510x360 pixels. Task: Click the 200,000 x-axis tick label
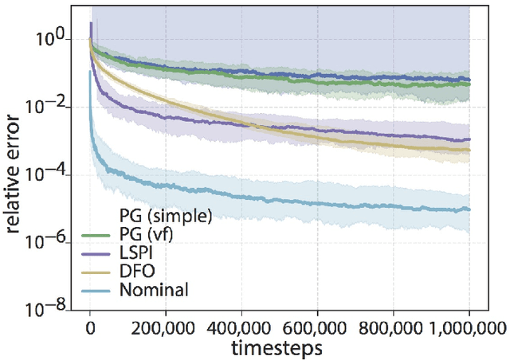pyautogui.click(x=166, y=327)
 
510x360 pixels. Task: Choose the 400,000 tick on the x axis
pyautogui.click(x=241, y=327)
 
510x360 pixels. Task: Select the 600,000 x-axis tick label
pyautogui.click(x=317, y=327)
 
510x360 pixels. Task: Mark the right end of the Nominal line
pyautogui.click(x=469, y=209)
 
